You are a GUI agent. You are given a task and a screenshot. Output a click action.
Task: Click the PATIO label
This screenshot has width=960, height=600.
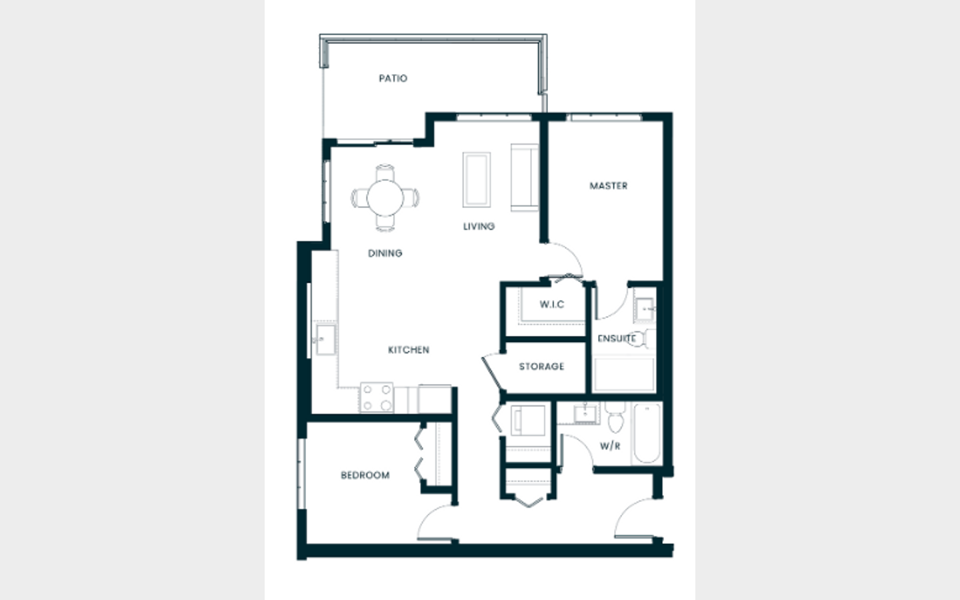click(393, 79)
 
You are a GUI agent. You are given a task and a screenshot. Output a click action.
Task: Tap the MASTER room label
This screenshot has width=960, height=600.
click(609, 185)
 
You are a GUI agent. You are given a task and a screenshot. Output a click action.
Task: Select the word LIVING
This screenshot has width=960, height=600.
click(479, 226)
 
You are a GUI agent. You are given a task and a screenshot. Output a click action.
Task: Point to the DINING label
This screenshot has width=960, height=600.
click(385, 253)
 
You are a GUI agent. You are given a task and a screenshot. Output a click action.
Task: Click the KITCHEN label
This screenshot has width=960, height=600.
click(409, 350)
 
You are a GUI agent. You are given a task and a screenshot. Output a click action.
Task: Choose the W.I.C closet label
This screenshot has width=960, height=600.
click(552, 304)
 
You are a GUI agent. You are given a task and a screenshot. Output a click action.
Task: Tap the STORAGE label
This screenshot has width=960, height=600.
click(541, 367)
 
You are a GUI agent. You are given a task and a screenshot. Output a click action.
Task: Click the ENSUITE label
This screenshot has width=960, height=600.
click(616, 339)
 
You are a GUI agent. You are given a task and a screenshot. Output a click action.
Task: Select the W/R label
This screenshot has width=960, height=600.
click(610, 446)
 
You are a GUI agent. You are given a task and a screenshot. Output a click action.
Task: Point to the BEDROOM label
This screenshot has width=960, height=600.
click(365, 475)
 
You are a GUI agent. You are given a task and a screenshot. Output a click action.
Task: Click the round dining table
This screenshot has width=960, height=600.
click(385, 198)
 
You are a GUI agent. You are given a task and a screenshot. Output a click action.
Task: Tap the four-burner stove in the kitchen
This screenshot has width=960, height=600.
click(377, 397)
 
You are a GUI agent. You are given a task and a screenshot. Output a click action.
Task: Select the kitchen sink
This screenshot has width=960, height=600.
click(326, 340)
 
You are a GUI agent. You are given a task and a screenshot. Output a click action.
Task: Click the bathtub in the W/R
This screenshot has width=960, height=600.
click(647, 433)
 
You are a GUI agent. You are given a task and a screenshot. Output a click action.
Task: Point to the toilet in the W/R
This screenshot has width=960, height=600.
click(615, 417)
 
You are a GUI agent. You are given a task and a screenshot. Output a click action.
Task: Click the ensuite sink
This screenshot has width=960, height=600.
click(644, 309)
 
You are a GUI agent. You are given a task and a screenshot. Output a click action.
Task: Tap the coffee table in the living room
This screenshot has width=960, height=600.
click(477, 179)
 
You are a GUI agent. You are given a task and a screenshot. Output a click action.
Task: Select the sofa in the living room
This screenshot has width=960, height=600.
click(525, 177)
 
